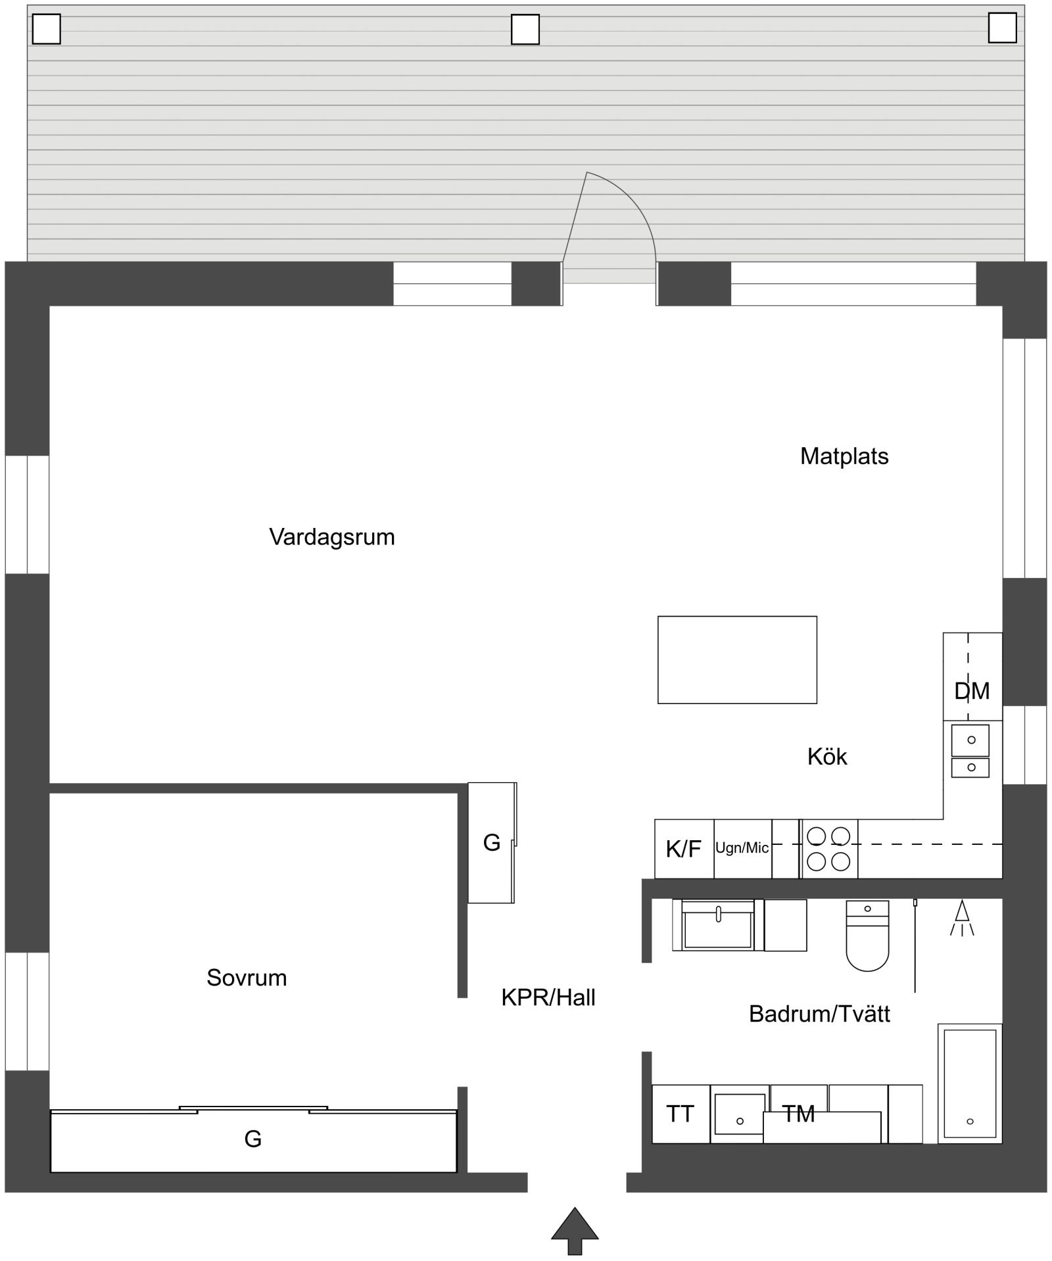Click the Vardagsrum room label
(332, 537)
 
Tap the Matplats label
(844, 456)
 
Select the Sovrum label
(247, 978)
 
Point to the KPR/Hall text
(548, 997)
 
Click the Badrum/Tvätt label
(819, 1014)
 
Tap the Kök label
(827, 757)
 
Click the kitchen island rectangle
(737, 659)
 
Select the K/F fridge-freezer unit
(684, 849)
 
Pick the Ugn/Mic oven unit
(742, 849)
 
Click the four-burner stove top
(828, 849)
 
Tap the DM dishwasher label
(972, 691)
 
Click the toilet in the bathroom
(867, 936)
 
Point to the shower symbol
(962, 918)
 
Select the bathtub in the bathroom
(970, 1083)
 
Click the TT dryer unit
(681, 1114)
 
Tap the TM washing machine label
(798, 1114)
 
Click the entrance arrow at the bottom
(575, 1231)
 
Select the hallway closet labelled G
(491, 842)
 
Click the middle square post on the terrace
(525, 30)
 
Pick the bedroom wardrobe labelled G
(254, 1139)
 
